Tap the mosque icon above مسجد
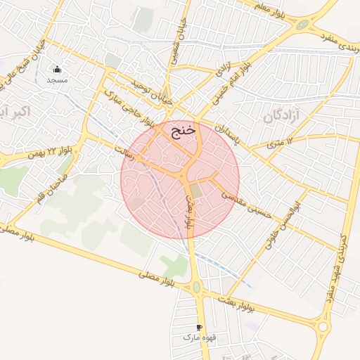click(x=57, y=69)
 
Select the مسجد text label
click(x=57, y=80)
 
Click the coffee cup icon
click(x=200, y=328)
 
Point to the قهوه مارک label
click(x=198, y=338)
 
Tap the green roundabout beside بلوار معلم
click(x=302, y=25)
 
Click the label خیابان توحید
click(x=148, y=91)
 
